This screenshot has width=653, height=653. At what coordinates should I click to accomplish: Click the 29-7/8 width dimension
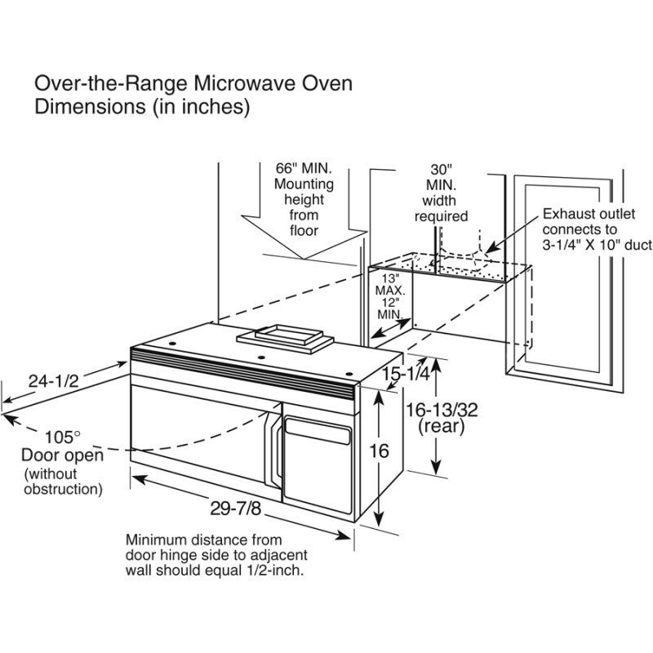click(x=235, y=509)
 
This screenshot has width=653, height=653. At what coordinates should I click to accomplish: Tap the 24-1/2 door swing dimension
click(x=51, y=380)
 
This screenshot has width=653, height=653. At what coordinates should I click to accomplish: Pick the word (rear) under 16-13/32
click(x=441, y=427)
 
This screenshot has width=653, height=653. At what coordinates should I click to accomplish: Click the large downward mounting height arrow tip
click(x=303, y=260)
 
